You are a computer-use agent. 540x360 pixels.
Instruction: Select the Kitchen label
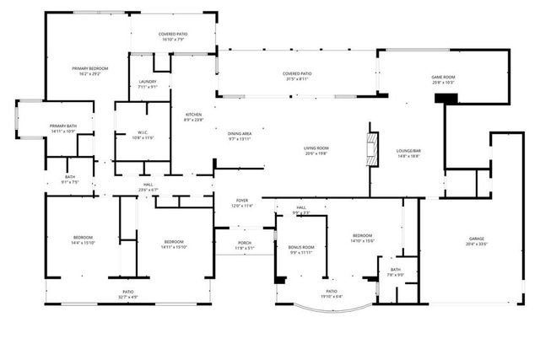(x=193, y=116)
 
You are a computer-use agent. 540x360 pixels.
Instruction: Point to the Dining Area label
(x=240, y=136)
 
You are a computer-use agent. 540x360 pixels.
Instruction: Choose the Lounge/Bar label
(x=408, y=153)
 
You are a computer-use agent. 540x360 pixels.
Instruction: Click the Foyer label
(x=241, y=203)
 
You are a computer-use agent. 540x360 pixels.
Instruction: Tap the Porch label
(x=244, y=245)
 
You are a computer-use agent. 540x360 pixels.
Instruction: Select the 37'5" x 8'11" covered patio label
(x=297, y=77)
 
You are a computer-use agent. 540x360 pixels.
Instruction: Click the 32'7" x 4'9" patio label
(x=128, y=294)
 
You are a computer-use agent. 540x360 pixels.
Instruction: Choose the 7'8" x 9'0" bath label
(x=396, y=272)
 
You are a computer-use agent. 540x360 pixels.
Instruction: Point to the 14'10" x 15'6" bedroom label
(x=363, y=238)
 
